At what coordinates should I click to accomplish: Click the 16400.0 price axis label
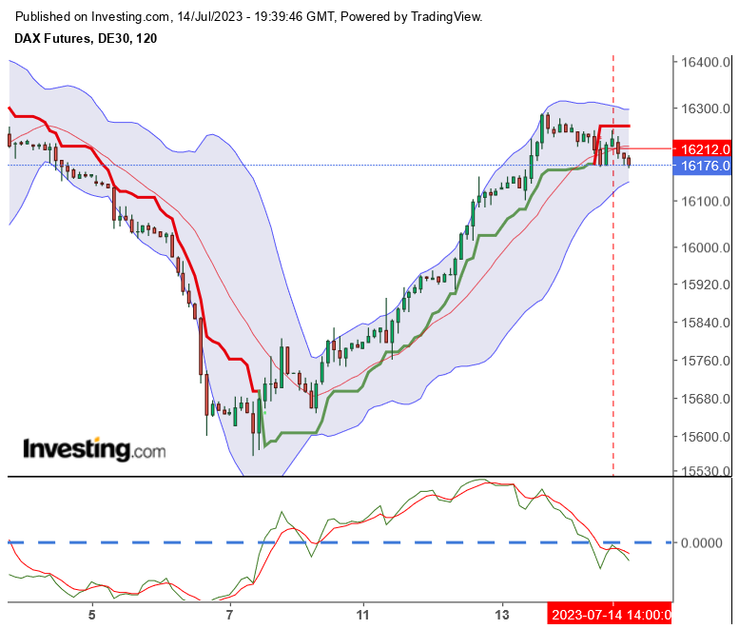coord(705,62)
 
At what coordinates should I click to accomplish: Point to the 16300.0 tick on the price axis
coord(705,108)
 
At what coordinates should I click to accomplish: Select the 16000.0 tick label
coord(705,248)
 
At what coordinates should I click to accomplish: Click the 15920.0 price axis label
coord(705,285)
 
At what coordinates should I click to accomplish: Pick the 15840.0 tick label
coord(705,323)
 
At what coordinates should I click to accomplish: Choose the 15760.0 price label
coord(705,361)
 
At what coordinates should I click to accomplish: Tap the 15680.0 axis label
coord(705,399)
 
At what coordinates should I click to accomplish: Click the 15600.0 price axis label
coord(705,437)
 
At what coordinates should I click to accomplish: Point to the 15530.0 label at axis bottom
coord(705,471)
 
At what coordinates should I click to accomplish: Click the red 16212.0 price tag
coord(705,148)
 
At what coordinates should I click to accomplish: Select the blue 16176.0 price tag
coord(705,167)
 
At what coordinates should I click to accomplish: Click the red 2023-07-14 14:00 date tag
coord(612,614)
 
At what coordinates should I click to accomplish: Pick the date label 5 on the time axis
coord(92,614)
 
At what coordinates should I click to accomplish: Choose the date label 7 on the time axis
coord(230,614)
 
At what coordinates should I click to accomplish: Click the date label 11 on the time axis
coord(363,614)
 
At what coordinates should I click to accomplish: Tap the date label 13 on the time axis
coord(502,614)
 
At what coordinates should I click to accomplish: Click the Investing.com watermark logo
coord(93,449)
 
